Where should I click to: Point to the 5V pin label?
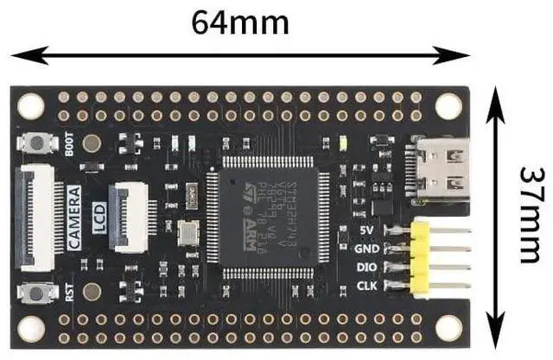pos(365,231)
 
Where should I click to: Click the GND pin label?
pos(365,249)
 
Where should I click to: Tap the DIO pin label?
pos(365,267)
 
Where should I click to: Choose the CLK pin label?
pos(365,285)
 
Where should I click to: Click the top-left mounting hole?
pos(31,106)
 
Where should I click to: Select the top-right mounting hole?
pos(448,106)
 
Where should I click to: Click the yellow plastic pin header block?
pos(422,258)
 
